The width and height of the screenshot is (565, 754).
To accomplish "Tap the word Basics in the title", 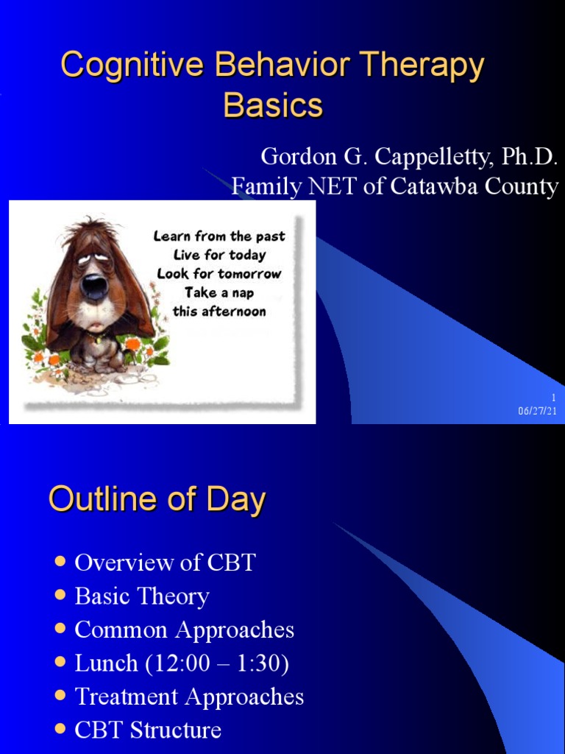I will pos(273,105).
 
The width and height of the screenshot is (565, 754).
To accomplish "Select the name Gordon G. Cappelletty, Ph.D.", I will pos(409,157).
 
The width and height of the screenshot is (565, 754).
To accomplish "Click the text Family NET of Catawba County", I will pos(394,186).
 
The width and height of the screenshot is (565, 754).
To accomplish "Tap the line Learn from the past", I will pos(218,236).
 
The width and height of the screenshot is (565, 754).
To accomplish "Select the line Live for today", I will pos(218,255).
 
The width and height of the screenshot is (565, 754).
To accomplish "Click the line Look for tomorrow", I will pos(218,273).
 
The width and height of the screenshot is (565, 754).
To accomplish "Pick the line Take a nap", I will pos(218,292).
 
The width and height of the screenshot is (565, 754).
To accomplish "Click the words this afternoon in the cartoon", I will pos(218,311).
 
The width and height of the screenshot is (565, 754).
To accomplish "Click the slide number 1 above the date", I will pos(553,398).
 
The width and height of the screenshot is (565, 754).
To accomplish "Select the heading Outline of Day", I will pos(157,501).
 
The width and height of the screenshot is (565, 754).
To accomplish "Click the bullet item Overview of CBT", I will pos(165,563).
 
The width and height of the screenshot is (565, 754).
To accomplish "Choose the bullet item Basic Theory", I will pos(142,596).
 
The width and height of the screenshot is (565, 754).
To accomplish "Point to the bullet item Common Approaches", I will pos(184,630).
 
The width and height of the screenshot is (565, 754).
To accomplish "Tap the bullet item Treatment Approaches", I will pos(189,697).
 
